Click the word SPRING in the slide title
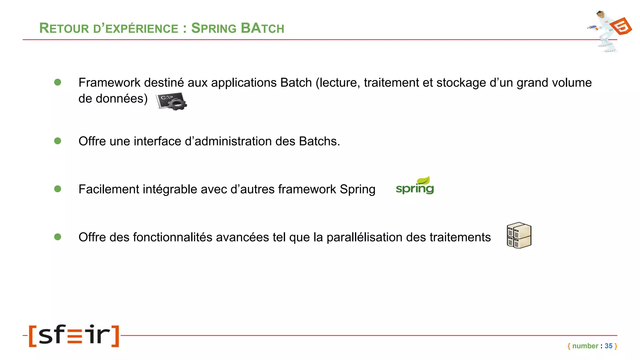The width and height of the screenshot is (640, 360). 214,28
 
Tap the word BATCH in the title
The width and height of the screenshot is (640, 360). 262,28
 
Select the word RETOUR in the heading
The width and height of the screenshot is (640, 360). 64,28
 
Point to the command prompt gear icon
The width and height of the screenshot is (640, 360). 172,101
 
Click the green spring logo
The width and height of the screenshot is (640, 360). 415,186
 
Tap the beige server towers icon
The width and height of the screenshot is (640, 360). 519,235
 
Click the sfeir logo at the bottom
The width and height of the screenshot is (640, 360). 74,336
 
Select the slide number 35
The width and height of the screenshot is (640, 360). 608,346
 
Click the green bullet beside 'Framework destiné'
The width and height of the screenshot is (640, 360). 57,82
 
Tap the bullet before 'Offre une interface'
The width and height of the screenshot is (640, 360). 57,141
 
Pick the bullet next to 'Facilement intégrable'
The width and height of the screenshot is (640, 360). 57,189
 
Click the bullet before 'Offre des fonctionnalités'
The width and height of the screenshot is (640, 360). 57,237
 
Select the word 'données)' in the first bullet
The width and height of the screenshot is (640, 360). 121,99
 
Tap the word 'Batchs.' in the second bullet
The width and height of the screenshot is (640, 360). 319,141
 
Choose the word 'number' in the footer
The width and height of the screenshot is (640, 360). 585,346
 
